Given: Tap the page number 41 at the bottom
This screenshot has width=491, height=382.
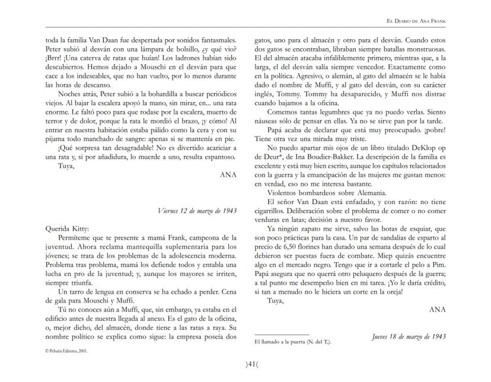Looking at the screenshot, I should [245, 364].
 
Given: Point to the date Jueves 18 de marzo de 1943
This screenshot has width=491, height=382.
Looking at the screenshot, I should [409, 336].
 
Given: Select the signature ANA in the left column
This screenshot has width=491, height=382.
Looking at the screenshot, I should [228, 176].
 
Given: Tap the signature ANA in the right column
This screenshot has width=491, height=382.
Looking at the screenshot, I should [437, 308].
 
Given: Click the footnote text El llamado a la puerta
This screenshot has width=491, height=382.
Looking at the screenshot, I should [285, 342].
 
